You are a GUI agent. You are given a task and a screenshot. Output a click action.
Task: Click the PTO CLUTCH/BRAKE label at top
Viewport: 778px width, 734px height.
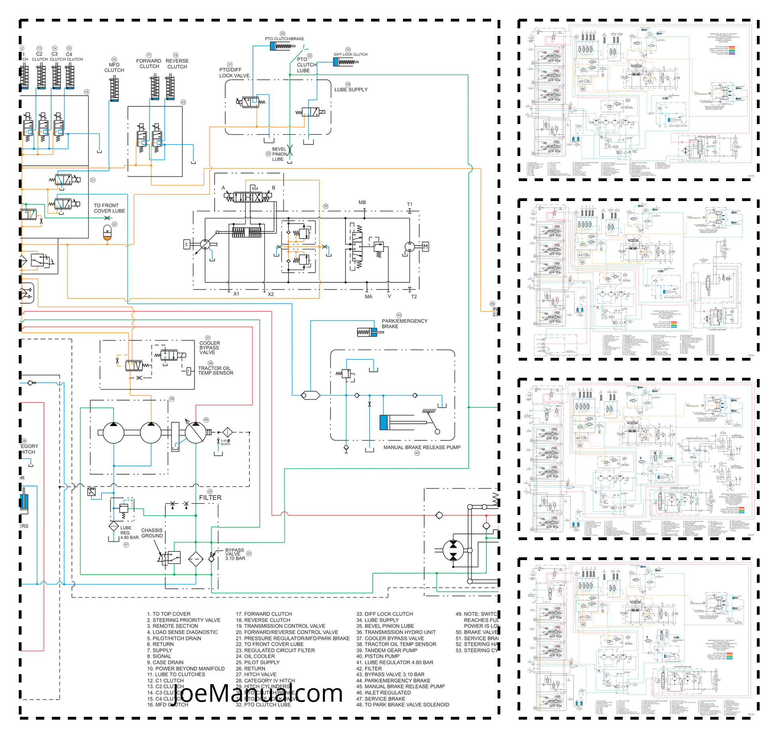click(x=284, y=39)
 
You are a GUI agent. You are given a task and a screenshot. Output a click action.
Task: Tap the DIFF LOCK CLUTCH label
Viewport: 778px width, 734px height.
click(x=350, y=54)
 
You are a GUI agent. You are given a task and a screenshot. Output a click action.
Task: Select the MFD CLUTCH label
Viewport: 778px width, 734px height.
click(x=114, y=67)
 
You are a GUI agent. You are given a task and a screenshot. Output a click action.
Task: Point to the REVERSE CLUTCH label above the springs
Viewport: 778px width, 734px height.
click(x=177, y=64)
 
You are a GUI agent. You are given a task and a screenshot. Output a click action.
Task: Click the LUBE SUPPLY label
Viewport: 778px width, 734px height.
click(x=351, y=90)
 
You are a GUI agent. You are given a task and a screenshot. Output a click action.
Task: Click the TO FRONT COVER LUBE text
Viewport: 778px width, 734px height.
click(x=109, y=208)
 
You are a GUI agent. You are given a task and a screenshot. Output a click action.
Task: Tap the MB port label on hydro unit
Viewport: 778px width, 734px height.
click(x=362, y=203)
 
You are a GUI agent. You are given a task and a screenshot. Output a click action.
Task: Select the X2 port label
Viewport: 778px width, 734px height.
click(x=271, y=294)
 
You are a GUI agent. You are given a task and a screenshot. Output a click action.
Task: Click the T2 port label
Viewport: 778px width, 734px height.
click(x=414, y=297)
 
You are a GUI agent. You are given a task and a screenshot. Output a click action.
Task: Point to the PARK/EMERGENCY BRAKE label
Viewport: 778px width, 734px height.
click(x=404, y=324)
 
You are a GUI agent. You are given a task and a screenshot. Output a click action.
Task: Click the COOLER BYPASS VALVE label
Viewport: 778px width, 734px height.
click(x=209, y=348)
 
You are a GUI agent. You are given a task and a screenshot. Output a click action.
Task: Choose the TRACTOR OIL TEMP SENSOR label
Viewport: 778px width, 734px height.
click(x=215, y=371)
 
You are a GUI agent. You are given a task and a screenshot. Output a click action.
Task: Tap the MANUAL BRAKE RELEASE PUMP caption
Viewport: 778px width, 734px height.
click(x=422, y=448)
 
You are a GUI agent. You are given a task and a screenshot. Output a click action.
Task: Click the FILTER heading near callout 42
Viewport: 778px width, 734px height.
click(x=210, y=498)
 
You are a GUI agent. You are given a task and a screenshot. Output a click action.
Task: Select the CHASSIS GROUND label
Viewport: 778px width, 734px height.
click(x=152, y=533)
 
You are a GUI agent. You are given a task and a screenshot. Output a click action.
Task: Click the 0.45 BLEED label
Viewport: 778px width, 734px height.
click(x=225, y=442)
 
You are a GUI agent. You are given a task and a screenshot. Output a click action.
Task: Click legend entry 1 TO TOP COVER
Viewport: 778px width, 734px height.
click(x=169, y=614)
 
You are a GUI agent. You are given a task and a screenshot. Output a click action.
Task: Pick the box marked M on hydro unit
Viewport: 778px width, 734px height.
click(x=425, y=247)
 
